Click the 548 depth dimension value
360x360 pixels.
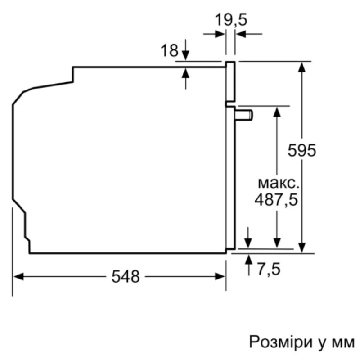click(126, 276)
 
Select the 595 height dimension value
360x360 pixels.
click(302, 150)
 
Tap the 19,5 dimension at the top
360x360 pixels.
click(231, 20)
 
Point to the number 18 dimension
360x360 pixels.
click(170, 50)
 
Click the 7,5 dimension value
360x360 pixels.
click(269, 269)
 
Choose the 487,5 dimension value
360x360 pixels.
click(276, 199)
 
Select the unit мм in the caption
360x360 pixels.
click(341, 341)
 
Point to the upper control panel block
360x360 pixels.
click(230, 81)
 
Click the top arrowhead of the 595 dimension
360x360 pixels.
click(302, 66)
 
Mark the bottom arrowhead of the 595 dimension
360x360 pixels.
click(302, 247)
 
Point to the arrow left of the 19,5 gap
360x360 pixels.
click(220, 34)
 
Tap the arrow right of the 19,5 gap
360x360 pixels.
click(240, 34)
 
